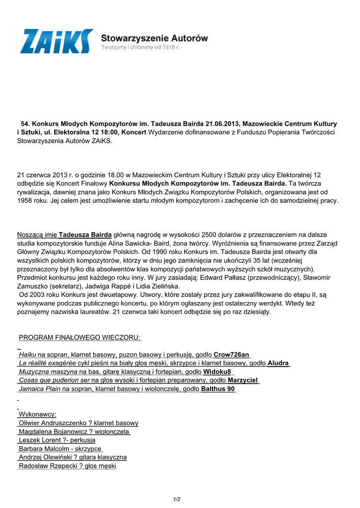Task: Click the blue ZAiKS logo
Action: point(56,41)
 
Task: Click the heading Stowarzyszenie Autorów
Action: point(154,38)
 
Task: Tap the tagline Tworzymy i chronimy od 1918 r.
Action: point(140,48)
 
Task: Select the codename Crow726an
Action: point(231,355)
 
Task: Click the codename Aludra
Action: point(278,363)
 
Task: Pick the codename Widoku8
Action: point(217,372)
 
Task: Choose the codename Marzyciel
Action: point(243,380)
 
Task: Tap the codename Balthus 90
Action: point(218,389)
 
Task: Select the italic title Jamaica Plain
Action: point(40,389)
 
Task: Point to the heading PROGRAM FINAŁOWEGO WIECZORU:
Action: point(80,338)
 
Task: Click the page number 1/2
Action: point(177,499)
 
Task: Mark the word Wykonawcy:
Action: point(37,414)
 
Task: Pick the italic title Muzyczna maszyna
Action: point(48,372)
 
